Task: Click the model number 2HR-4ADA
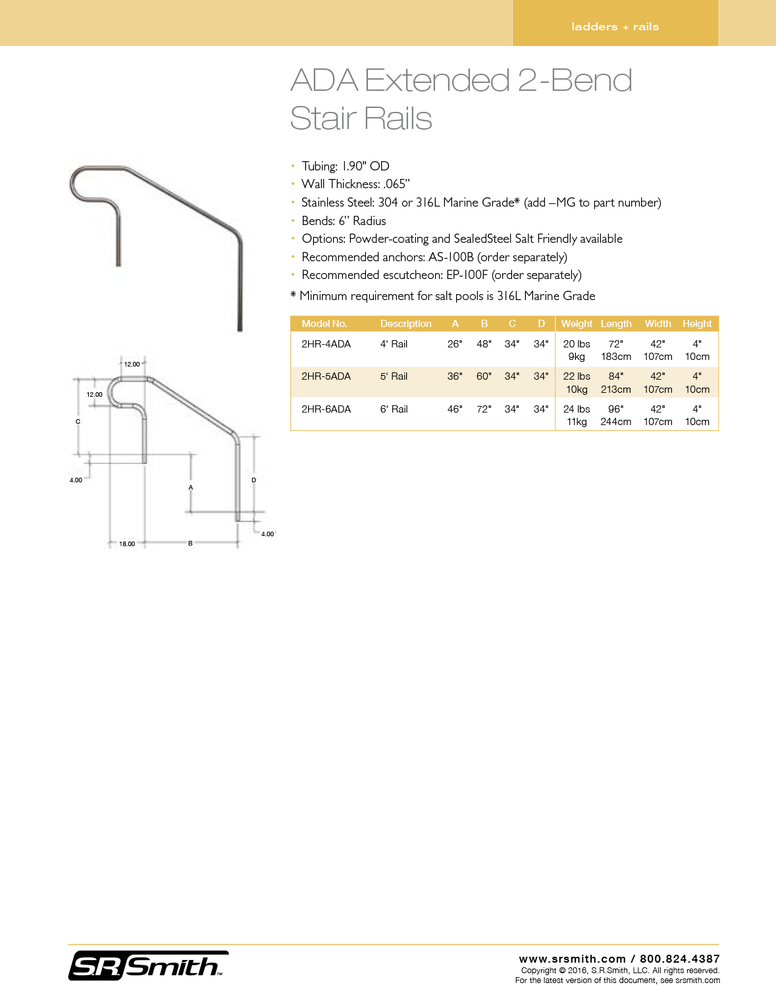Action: coord(326,344)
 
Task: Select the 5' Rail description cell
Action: coord(394,376)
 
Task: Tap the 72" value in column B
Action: coord(484,409)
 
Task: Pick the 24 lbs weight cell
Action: coord(577,409)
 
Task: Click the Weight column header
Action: coord(577,324)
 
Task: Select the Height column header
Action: coord(697,324)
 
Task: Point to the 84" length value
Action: coord(615,376)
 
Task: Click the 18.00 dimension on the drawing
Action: coord(127,544)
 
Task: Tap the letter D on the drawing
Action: coord(254,480)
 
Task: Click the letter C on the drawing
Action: coord(78,422)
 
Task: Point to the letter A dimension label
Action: coord(191,488)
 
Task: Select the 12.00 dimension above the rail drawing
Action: coord(132,365)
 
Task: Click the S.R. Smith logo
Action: coord(148,966)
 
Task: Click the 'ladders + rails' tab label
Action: coord(615,27)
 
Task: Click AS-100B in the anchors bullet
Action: coord(451,257)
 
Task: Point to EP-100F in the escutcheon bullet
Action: coord(467,275)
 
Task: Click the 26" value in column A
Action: coord(455,344)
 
